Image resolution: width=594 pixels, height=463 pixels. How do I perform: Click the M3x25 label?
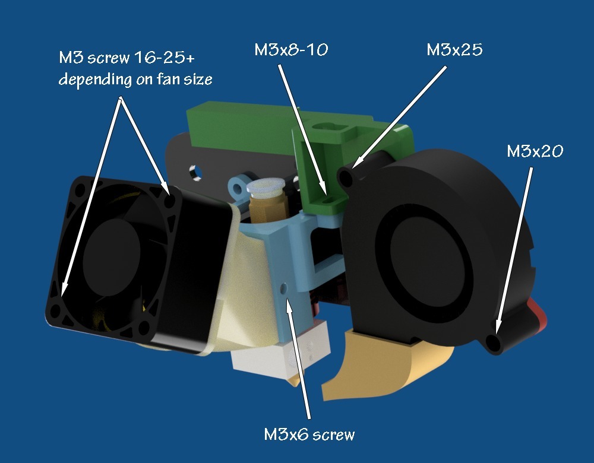click(454, 50)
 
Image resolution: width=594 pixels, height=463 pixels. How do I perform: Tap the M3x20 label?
click(535, 151)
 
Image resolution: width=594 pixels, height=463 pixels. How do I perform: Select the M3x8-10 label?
click(291, 50)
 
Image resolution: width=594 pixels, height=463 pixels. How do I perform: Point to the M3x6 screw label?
click(309, 435)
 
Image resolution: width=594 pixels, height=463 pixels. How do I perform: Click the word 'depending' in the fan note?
click(94, 80)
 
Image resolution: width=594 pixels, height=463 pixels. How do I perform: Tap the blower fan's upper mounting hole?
click(346, 176)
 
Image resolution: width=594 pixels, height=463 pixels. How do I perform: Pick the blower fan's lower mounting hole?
click(493, 343)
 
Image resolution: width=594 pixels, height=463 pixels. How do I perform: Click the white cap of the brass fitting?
click(266, 186)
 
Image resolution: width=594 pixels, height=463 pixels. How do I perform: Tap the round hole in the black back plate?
click(196, 173)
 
